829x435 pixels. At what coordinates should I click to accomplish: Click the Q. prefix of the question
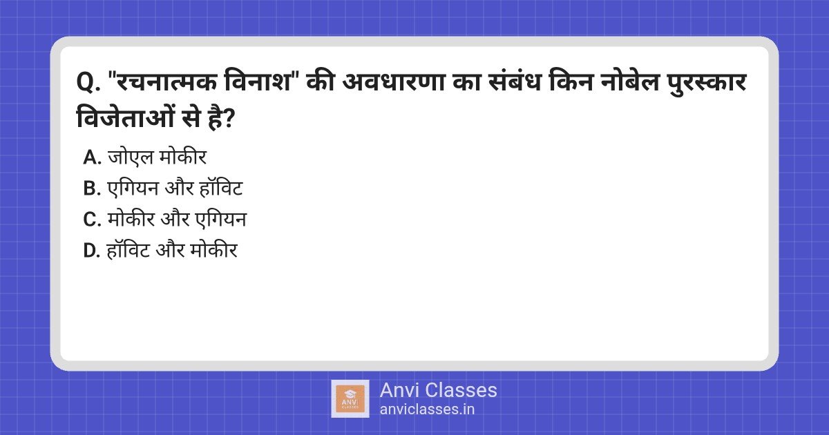88,82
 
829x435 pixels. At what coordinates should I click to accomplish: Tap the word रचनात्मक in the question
165,81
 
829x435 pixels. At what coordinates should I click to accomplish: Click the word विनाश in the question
258,81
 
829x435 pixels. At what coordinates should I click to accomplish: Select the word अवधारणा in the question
392,81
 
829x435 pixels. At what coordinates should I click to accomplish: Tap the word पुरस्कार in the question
707,82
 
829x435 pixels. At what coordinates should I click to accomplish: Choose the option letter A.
92,157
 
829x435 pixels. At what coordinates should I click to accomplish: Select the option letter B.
92,188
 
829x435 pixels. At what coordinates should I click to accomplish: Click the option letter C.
92,220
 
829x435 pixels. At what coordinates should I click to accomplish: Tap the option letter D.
92,251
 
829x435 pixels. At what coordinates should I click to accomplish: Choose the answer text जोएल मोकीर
157,157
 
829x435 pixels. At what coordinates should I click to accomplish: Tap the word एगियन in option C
221,219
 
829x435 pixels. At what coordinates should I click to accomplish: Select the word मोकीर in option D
213,249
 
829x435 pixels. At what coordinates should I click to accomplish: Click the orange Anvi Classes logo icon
350,399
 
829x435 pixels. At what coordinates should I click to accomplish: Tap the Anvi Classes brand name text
438,391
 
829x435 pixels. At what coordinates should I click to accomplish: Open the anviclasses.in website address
427,409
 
